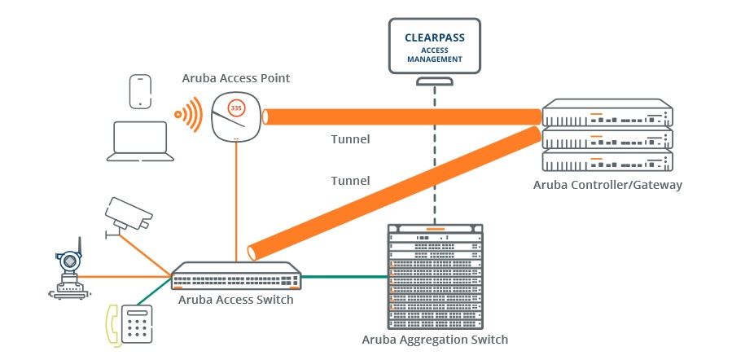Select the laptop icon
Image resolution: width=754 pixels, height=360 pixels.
142,138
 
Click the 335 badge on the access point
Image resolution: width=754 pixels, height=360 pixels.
236,108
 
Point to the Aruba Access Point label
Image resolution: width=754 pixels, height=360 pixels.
236,78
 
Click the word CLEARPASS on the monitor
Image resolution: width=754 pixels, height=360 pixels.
434,37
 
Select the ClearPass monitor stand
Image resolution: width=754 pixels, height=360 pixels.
434,81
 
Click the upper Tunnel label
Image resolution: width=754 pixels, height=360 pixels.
350,139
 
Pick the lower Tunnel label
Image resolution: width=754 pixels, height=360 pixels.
350,180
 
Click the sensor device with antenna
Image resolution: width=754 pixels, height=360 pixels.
69,269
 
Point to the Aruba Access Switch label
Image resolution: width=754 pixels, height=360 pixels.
235,300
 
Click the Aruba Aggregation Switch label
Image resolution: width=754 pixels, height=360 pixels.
436,339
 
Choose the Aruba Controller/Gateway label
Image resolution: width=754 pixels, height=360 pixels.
607,185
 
